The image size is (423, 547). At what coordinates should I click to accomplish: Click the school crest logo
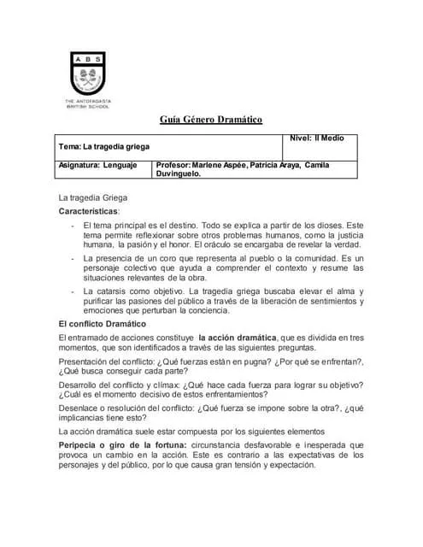pos(89,72)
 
